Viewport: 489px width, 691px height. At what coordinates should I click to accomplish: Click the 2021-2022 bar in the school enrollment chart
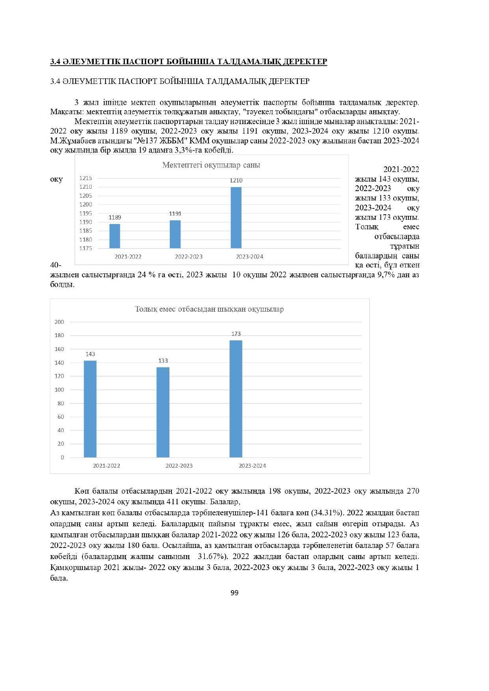point(115,236)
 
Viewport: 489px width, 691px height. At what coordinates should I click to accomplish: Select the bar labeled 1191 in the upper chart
point(175,234)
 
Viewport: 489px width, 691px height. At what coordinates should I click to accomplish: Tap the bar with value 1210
point(236,217)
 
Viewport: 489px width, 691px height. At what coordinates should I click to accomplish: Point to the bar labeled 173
point(236,399)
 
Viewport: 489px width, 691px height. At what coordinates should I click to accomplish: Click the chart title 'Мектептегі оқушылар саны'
point(211,165)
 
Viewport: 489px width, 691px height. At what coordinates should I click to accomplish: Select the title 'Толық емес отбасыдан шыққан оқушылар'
point(209,309)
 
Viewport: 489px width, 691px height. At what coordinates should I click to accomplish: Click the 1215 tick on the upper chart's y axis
point(86,178)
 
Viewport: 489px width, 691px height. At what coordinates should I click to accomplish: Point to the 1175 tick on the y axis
point(86,249)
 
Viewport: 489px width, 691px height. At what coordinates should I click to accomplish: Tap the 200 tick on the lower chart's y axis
point(59,322)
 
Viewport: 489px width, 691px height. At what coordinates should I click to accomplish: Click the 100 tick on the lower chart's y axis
point(59,390)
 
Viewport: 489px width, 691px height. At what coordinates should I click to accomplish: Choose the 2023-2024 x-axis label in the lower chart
point(252,466)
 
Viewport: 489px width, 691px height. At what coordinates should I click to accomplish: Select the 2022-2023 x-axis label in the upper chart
point(189,257)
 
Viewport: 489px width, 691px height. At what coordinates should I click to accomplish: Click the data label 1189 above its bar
point(115,217)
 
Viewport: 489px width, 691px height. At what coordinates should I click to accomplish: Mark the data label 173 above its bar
point(236,334)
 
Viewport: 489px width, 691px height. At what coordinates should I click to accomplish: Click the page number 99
point(234,593)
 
